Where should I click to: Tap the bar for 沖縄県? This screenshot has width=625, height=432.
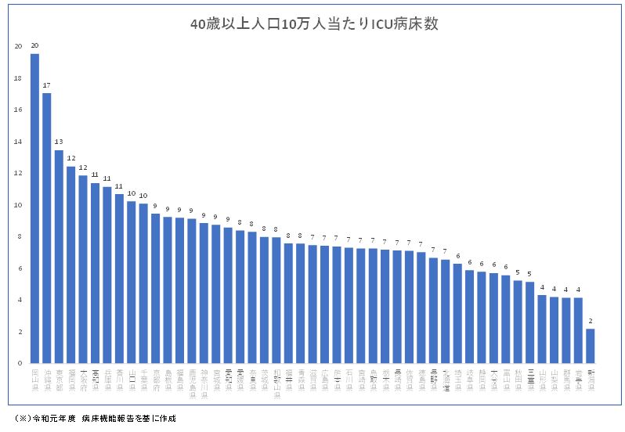(x=47, y=228)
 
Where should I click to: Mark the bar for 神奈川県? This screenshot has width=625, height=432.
(x=204, y=293)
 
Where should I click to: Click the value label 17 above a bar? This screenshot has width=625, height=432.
(x=47, y=85)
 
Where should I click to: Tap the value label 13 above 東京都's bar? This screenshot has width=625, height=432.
(x=59, y=142)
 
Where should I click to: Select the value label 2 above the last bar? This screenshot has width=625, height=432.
(x=590, y=321)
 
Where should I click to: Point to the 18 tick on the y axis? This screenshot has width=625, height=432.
(x=18, y=78)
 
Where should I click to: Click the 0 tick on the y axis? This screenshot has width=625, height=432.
(x=18, y=363)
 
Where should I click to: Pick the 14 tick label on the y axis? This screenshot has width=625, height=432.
(x=18, y=142)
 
